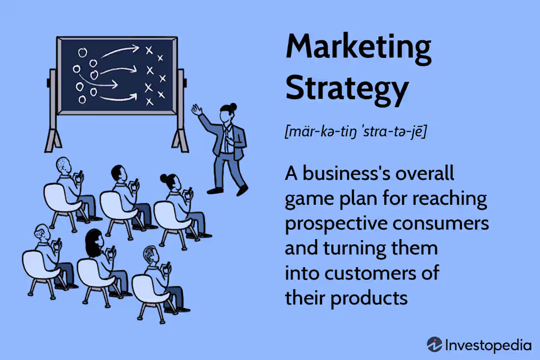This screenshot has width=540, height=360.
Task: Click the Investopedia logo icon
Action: coord(434,344)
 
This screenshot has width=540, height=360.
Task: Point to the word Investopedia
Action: coord(488,345)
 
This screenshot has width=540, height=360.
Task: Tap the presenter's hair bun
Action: coord(234,106)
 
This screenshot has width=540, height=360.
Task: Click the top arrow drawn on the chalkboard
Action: coord(120,50)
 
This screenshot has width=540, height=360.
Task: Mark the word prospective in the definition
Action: coord(335,223)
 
